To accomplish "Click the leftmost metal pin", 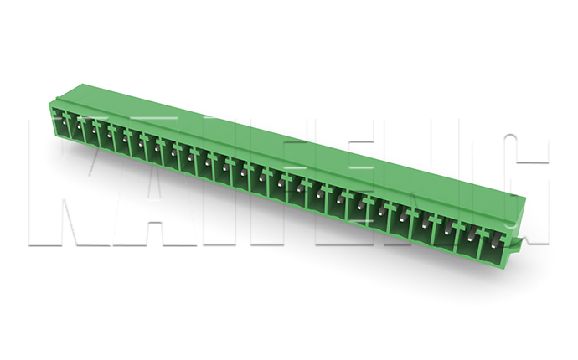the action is (65, 122).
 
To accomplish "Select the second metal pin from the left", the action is (79, 126).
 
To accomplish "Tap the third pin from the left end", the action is (94, 131).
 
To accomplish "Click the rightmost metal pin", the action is (495, 242).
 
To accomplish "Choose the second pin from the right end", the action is (472, 236).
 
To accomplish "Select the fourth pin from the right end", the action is (425, 224).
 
